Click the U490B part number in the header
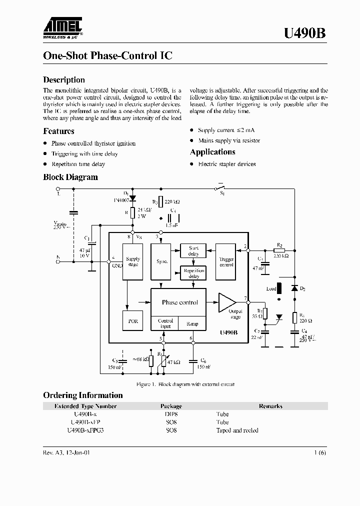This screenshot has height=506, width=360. (305, 33)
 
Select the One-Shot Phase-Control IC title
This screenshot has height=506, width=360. (107, 56)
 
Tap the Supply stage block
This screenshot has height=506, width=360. (133, 261)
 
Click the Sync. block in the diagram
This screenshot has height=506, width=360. (162, 261)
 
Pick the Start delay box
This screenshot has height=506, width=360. (193, 250)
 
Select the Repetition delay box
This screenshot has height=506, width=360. (193, 273)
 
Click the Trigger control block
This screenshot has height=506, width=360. (226, 261)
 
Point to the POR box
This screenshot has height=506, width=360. (132, 321)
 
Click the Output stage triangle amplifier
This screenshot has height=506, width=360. (226, 302)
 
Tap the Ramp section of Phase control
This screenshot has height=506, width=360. (192, 323)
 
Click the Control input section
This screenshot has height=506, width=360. (165, 323)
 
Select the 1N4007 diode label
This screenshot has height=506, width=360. (120, 199)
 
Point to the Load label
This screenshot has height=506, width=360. (271, 288)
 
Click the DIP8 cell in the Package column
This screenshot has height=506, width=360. (171, 414)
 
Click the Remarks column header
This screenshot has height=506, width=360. (270, 406)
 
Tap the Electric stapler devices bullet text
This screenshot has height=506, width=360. (226, 164)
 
